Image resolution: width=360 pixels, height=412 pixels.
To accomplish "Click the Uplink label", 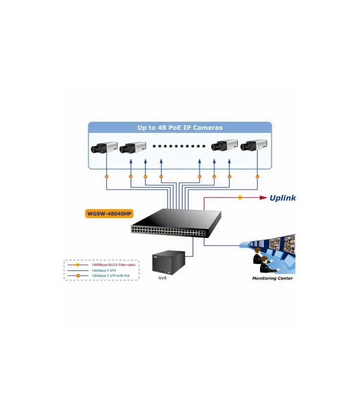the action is [x=283, y=198].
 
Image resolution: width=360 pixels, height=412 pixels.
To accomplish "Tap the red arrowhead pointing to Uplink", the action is [x=263, y=198].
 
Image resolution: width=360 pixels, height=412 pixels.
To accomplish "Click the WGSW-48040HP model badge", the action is [x=109, y=214].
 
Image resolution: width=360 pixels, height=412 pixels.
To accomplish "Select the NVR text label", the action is [x=162, y=278].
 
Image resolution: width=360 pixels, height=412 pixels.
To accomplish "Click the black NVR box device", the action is [x=169, y=262].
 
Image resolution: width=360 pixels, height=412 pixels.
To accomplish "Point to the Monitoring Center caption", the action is [x=272, y=278].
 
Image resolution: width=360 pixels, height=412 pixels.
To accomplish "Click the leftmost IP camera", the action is [x=104, y=147].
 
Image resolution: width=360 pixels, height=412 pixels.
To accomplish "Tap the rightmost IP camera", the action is [x=254, y=145].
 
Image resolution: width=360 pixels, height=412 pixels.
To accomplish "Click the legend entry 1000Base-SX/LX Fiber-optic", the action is [x=114, y=265].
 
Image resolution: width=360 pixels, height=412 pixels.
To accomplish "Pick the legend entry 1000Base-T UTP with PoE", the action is [x=111, y=276].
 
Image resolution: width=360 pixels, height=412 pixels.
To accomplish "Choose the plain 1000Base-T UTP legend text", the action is [x=104, y=271].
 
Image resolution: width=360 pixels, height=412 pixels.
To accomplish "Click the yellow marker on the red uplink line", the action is [x=240, y=198].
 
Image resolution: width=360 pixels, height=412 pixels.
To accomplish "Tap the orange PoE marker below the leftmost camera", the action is [x=106, y=177].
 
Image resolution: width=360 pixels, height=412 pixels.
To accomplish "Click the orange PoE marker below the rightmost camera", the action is [x=257, y=177].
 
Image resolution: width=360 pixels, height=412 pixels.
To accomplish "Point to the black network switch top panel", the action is [x=176, y=219].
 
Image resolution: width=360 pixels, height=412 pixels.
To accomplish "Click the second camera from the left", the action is [x=133, y=147].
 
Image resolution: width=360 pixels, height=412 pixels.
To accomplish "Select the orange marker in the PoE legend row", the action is [x=78, y=276].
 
